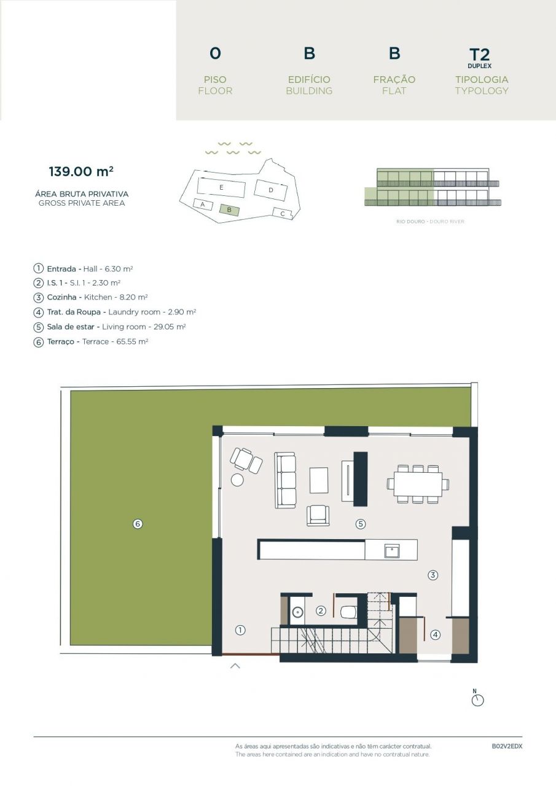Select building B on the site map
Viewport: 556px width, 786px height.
pyautogui.click(x=229, y=209)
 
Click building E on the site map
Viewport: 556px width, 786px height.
pyautogui.click(x=221, y=187)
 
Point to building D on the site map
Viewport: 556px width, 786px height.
pyautogui.click(x=271, y=190)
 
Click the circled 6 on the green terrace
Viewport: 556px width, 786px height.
pyautogui.click(x=138, y=524)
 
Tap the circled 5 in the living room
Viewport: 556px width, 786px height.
pyautogui.click(x=361, y=524)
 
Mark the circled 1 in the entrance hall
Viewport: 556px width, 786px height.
pyautogui.click(x=240, y=629)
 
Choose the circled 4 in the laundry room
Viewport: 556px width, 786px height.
pyautogui.click(x=435, y=635)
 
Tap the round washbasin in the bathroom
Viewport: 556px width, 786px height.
pyautogui.click(x=298, y=612)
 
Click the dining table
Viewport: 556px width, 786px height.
pyautogui.click(x=418, y=483)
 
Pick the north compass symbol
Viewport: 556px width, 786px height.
pyautogui.click(x=477, y=699)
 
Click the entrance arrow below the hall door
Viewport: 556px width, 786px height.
pyautogui.click(x=235, y=665)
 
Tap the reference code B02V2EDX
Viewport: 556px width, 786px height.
pyautogui.click(x=506, y=747)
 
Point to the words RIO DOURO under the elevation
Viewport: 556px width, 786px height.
pyautogui.click(x=410, y=222)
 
